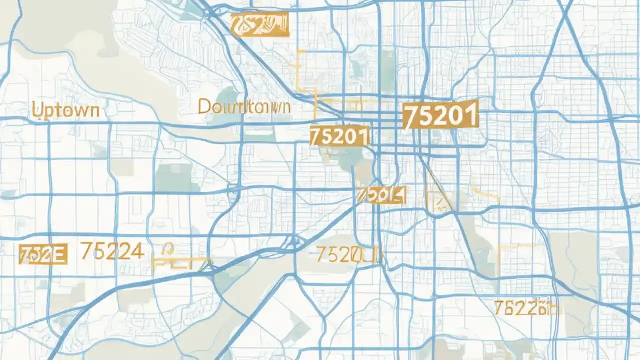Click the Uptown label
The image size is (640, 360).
pyautogui.click(x=65, y=110)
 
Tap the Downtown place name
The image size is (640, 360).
pyautogui.click(x=244, y=106)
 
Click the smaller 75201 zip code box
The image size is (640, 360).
pyautogui.click(x=339, y=136)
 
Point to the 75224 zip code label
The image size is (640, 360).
pyautogui.click(x=112, y=251)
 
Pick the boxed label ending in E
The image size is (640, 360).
pyautogui.click(x=42, y=254)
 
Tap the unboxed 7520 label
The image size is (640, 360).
pyautogui.click(x=345, y=255)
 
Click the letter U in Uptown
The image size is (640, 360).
pyautogui.click(x=36, y=109)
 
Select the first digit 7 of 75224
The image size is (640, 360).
pyautogui.click(x=85, y=251)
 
